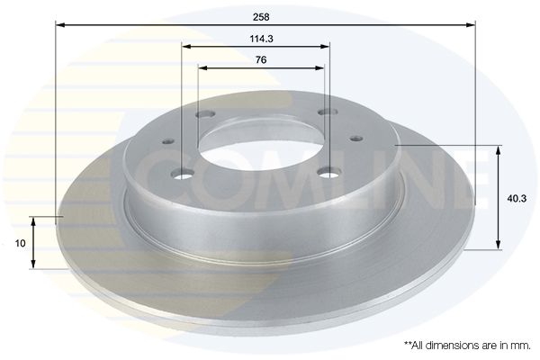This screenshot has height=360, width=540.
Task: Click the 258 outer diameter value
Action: click(x=261, y=17)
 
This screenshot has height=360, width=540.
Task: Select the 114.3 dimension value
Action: click(x=261, y=39)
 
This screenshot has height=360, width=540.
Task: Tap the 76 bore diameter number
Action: click(x=261, y=60)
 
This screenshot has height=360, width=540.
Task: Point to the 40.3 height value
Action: click(x=517, y=198)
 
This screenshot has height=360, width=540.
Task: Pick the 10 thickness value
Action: click(x=21, y=243)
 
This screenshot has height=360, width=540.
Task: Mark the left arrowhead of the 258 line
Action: click(x=60, y=25)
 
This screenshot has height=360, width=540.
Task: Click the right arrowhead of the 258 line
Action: click(x=471, y=25)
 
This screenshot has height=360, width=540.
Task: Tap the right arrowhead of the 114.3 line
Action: click(x=325, y=47)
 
